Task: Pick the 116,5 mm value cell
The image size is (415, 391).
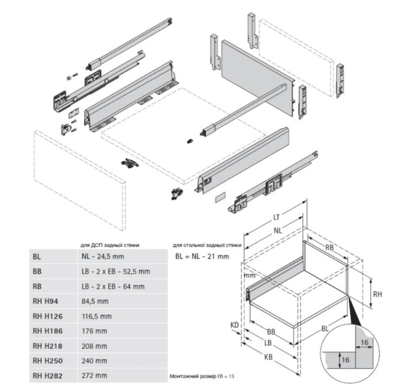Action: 94,316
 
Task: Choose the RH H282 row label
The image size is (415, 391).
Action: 47,375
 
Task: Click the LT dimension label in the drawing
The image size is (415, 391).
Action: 276,218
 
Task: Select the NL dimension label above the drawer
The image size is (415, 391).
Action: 278,230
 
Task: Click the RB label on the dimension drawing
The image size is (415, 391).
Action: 329,248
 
